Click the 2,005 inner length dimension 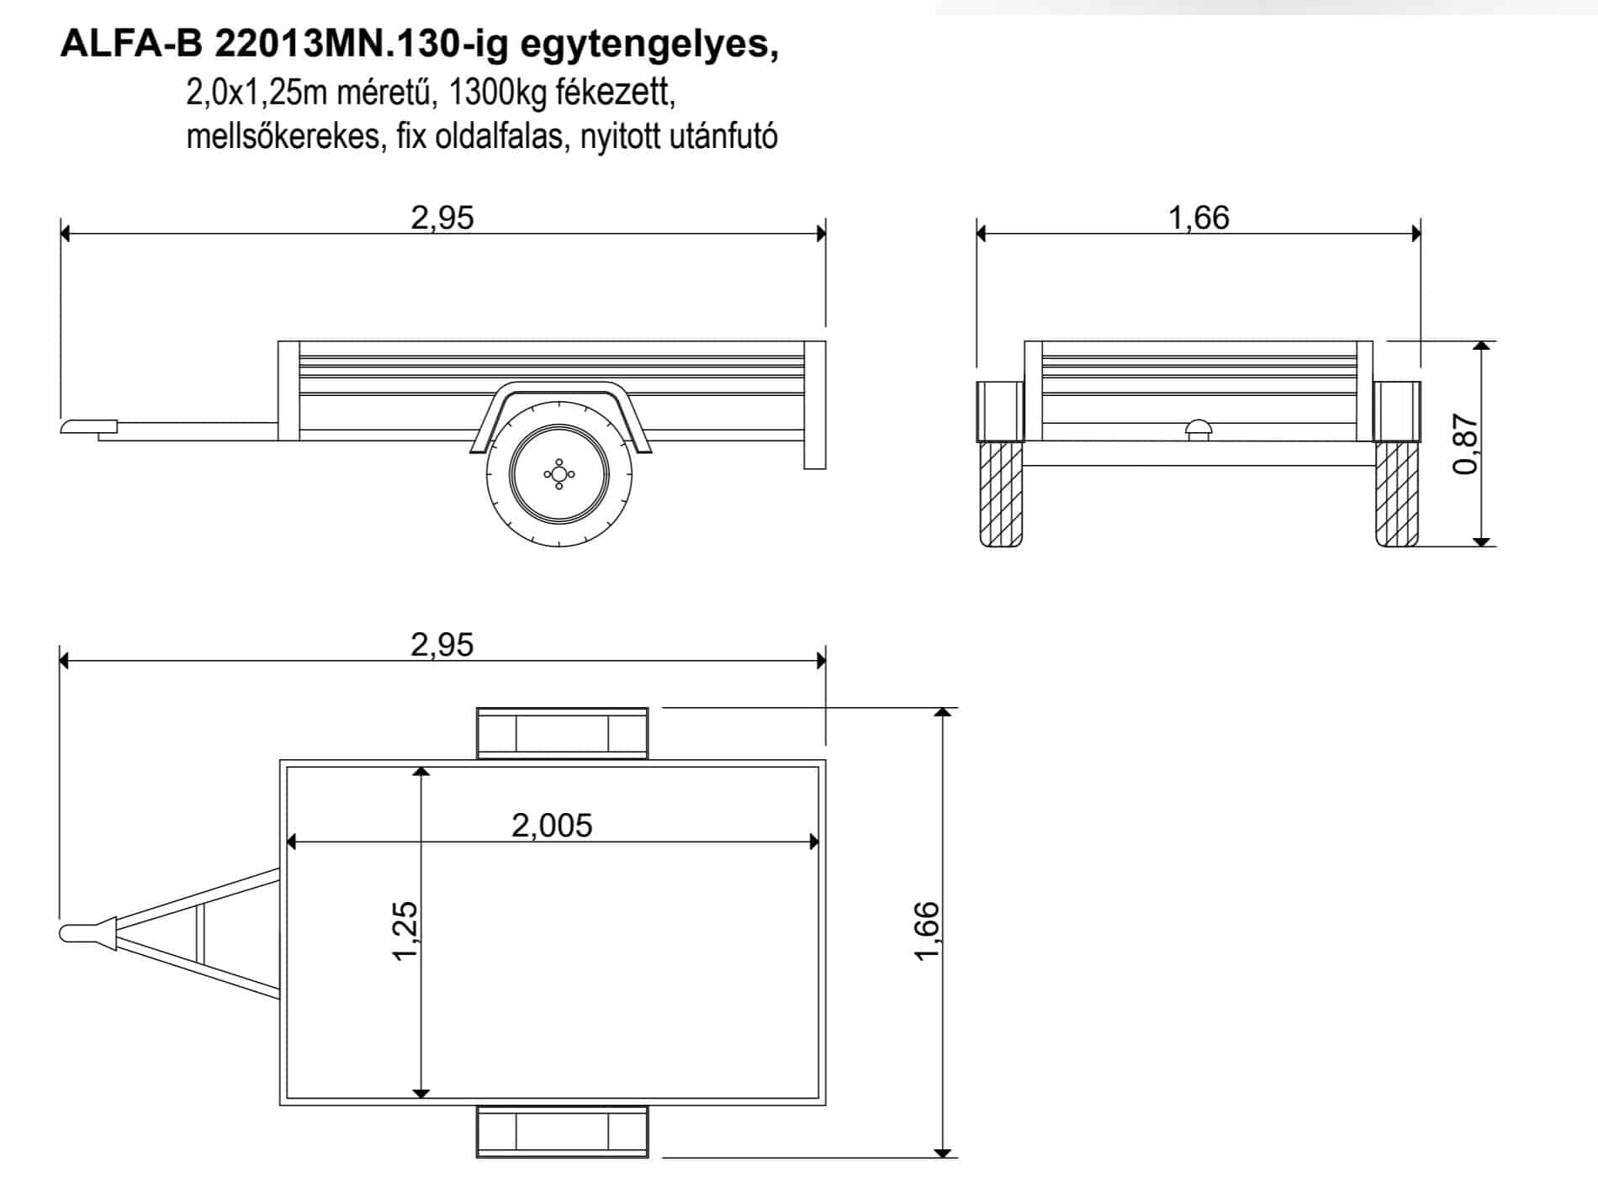pos(552,826)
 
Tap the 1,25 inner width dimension pos(405,930)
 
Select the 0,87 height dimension pos(1465,445)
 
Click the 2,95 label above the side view pos(442,218)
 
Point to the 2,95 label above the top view pos(442,645)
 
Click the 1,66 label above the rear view pos(1198,218)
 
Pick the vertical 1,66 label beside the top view pos(926,931)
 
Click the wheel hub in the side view pos(558,474)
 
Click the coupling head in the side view pos(88,426)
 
